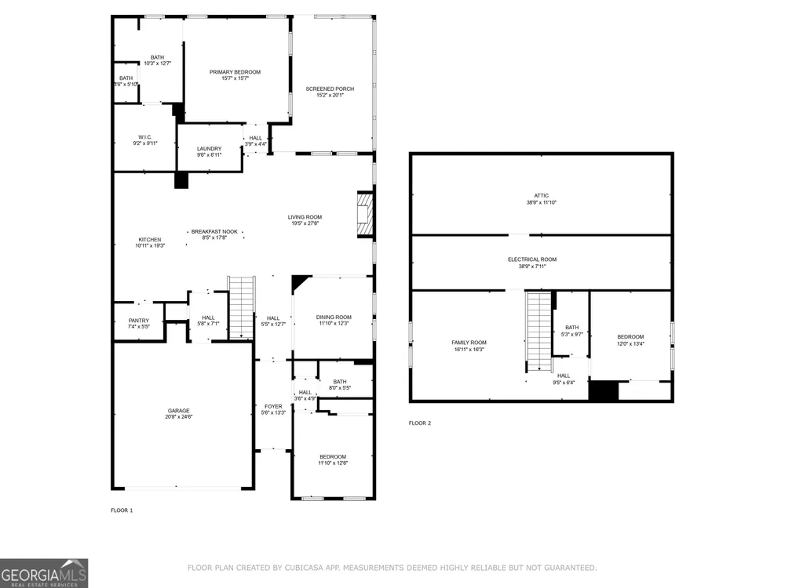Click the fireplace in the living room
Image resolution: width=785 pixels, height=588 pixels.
(366, 214)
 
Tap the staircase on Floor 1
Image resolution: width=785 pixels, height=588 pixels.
(241, 307)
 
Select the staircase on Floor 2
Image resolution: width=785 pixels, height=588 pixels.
(539, 332)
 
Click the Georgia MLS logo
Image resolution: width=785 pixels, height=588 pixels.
(44, 573)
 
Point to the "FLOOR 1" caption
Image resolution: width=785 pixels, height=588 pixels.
(122, 510)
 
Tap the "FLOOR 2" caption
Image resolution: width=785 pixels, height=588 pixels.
(419, 423)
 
